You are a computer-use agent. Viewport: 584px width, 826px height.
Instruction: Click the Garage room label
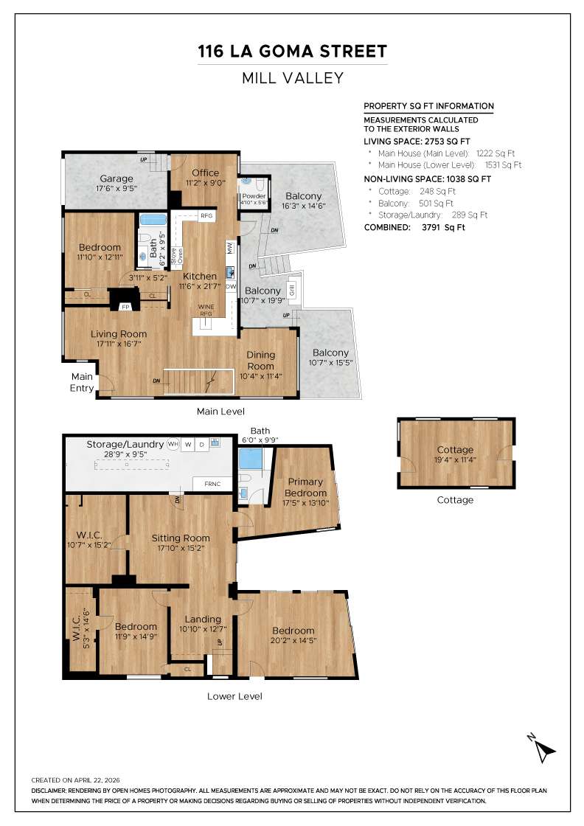(x=117, y=178)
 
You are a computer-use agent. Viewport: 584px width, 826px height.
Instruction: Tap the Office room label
(x=206, y=173)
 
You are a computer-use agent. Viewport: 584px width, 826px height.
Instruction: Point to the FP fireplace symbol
(x=125, y=307)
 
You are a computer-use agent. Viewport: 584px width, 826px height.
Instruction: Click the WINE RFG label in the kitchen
(x=206, y=310)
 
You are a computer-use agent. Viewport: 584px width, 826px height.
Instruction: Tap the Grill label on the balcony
(x=292, y=291)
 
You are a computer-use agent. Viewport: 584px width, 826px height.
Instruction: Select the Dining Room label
(x=261, y=360)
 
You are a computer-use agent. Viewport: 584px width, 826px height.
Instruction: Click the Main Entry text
(x=82, y=383)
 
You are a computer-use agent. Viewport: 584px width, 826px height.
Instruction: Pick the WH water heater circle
(x=173, y=444)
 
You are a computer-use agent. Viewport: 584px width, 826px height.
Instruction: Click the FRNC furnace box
(x=212, y=484)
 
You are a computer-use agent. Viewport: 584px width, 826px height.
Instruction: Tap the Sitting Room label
(x=181, y=538)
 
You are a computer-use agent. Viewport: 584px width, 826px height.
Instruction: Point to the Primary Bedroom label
(x=305, y=487)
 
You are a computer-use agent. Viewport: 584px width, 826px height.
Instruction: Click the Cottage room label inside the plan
(x=455, y=450)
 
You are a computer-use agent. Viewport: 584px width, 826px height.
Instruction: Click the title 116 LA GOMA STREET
(x=292, y=51)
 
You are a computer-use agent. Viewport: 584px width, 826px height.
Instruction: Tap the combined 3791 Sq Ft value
(x=443, y=228)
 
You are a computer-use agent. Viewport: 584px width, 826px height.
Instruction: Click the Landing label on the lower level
(x=203, y=619)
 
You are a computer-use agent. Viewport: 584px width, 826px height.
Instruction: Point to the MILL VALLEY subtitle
(x=292, y=78)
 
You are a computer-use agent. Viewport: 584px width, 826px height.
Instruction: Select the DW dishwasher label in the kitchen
(x=231, y=287)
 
